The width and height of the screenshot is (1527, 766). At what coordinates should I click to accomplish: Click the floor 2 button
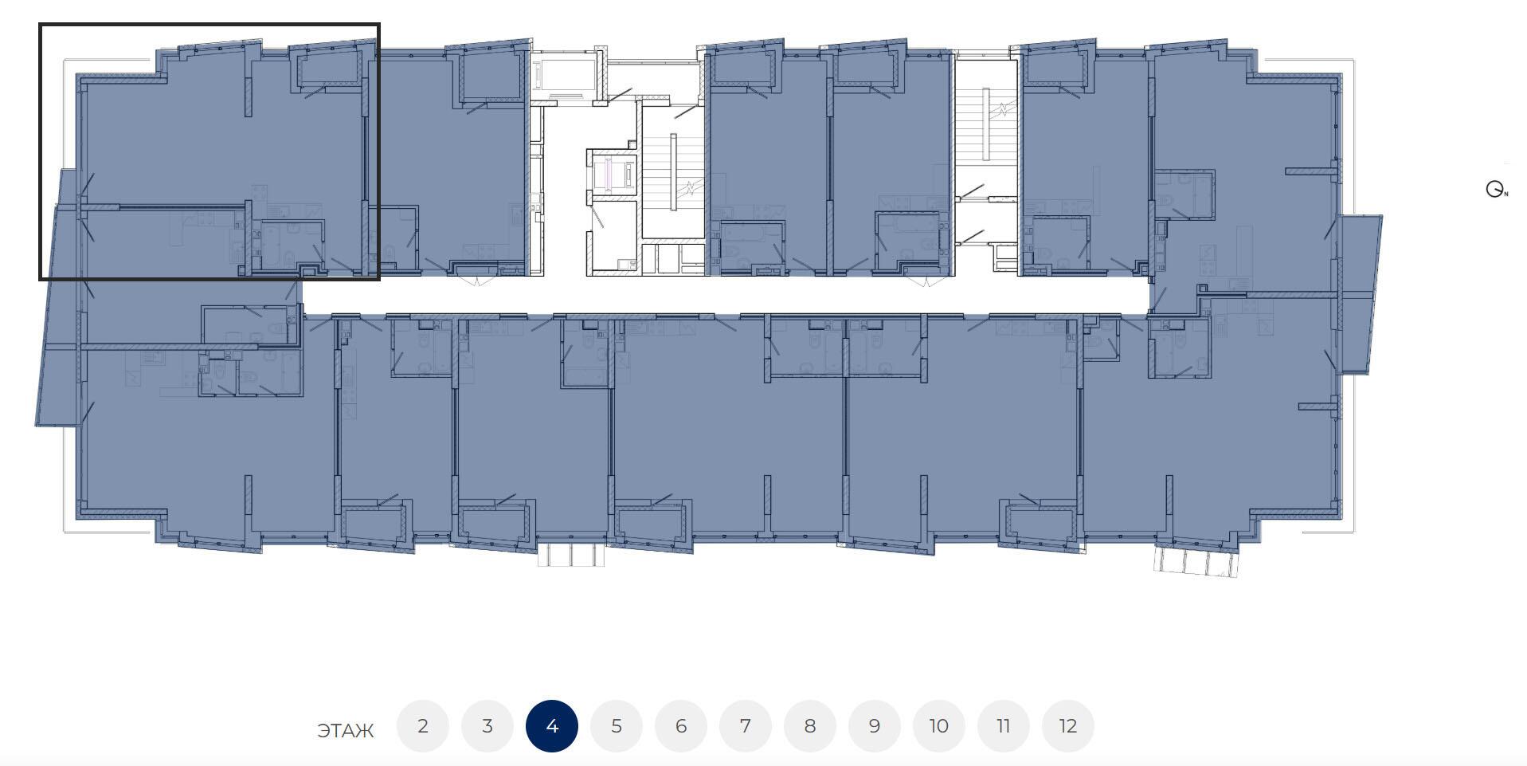[423, 726]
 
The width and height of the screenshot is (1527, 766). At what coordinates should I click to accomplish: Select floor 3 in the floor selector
[487, 726]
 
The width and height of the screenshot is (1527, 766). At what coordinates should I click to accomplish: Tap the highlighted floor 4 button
[552, 726]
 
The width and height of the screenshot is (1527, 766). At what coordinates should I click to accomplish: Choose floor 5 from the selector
[617, 726]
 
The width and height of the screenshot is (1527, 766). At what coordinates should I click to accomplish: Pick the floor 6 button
[681, 726]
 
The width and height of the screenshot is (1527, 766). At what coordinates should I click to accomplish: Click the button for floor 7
[746, 726]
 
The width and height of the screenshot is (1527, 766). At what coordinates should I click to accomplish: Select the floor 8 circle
[810, 726]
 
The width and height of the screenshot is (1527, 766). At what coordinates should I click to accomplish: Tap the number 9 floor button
[875, 726]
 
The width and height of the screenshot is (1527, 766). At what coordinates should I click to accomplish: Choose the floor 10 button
[939, 726]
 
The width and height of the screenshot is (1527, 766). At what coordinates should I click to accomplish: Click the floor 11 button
[1004, 726]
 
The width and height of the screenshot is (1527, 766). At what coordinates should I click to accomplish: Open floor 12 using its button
[1068, 726]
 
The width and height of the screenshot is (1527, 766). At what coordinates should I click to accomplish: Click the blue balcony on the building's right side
[1360, 294]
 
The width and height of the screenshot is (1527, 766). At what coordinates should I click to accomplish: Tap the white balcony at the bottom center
[571, 554]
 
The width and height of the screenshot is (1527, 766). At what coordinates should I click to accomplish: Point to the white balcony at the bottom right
[1197, 561]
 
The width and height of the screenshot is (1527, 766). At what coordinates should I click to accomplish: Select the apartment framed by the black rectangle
[209, 151]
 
